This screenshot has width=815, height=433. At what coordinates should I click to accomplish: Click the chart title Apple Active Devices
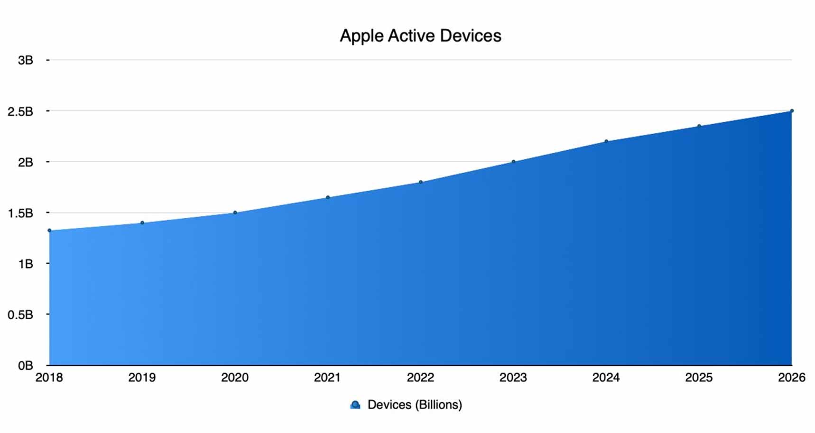pos(420,36)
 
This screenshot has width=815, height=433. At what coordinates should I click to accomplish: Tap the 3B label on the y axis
pos(25,60)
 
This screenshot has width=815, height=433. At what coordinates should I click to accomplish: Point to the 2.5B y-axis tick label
pos(20,112)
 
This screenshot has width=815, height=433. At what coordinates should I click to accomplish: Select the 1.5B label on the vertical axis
pos(20,213)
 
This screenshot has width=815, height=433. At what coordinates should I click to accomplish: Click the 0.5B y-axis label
pos(20,315)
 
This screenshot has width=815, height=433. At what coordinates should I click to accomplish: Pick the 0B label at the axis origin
pos(25,366)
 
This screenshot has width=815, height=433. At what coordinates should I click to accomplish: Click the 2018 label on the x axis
pos(49,377)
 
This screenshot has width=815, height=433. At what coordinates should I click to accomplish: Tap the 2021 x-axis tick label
pos(327,377)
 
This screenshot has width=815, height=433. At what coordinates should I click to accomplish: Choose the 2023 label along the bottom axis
pos(513,377)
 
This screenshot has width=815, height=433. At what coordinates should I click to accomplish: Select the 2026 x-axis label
pos(791,377)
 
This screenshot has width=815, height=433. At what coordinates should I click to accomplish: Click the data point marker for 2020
pos(235,213)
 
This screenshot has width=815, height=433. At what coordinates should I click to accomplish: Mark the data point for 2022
pos(420,182)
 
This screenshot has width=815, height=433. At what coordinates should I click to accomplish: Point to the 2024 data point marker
pos(606,141)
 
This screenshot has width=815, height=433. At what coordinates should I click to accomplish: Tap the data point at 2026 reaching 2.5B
pos(792,111)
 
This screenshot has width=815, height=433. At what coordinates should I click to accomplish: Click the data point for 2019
pos(142,223)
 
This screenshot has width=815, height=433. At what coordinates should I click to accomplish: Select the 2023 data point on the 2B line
pos(513,162)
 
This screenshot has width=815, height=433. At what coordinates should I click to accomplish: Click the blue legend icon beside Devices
pos(355,405)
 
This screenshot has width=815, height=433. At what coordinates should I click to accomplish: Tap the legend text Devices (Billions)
pos(415,405)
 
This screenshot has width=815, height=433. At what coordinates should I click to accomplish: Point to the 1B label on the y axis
pos(25,264)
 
